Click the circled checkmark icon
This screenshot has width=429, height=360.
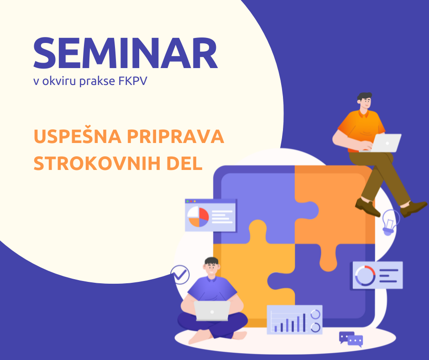click(x=180, y=275)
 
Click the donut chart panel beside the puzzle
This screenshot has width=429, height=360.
click(x=377, y=275)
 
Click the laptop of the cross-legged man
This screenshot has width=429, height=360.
click(x=212, y=311)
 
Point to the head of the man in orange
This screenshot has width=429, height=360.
click(x=364, y=101)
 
